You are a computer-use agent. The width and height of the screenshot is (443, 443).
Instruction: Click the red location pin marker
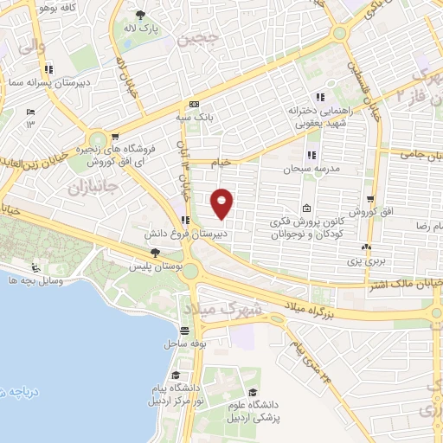point(222,202)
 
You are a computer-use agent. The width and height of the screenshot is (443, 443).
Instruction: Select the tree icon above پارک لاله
point(141,15)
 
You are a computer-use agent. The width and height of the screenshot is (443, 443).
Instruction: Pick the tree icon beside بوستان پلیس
point(155,253)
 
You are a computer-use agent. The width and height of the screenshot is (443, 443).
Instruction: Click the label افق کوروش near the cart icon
point(367,212)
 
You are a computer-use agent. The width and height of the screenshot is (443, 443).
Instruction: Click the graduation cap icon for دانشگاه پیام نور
point(177,375)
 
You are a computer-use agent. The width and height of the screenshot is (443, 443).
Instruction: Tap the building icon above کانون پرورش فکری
point(307,208)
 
